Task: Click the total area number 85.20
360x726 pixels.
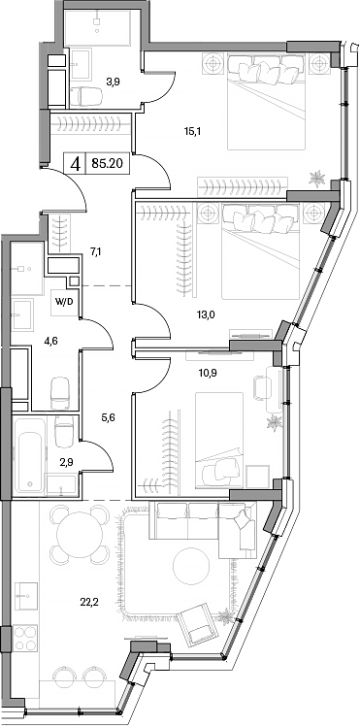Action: [x=106, y=165]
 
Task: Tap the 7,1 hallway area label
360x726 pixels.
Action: [x=95, y=251]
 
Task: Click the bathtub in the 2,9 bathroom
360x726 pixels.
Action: [x=29, y=454]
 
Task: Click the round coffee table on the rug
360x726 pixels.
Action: [x=185, y=564]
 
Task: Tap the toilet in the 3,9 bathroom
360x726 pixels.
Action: [x=88, y=96]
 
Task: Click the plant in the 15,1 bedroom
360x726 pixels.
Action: [x=316, y=178]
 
